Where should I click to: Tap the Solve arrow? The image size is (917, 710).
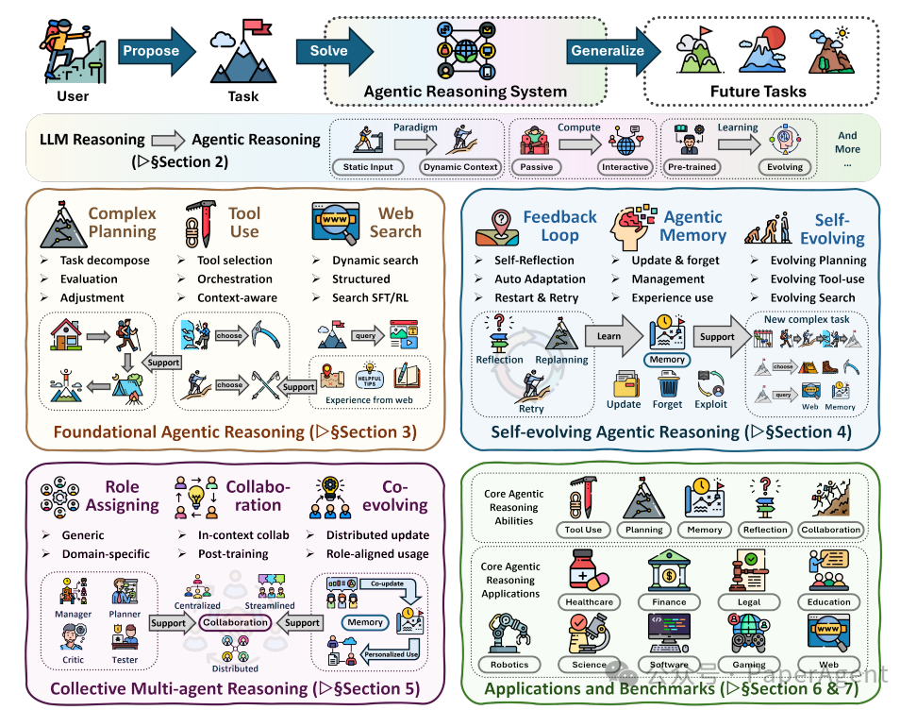point(334,51)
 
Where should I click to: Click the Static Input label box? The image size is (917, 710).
point(367,167)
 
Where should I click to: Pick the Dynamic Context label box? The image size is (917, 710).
point(460,167)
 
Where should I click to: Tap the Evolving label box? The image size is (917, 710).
point(785,167)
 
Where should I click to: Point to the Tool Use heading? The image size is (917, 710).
point(243,223)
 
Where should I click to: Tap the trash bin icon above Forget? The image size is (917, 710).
point(668,381)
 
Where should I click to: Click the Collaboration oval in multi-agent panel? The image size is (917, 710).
point(235,623)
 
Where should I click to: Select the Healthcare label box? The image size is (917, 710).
point(589,602)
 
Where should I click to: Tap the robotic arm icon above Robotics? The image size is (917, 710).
point(509,635)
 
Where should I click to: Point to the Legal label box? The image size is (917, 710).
point(751,602)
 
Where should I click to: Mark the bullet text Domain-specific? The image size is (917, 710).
point(105,554)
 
